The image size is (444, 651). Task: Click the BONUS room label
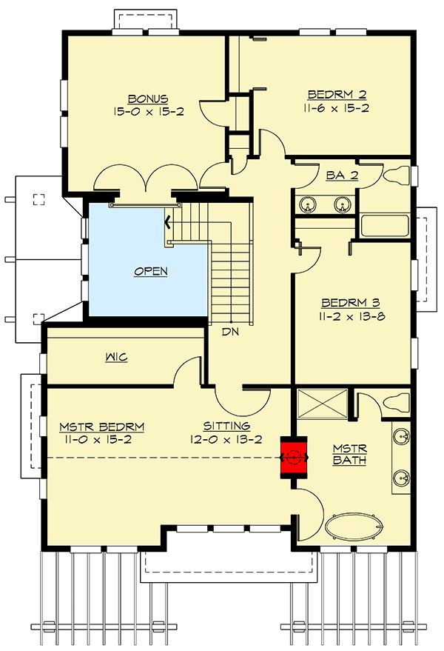148,98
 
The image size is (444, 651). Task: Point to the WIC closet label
116,358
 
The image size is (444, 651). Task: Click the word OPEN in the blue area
150,271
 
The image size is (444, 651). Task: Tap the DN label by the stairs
229,333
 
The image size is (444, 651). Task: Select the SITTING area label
227,426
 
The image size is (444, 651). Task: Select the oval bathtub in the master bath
355,528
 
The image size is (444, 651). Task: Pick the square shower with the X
322,405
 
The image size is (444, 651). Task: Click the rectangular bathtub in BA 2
385,225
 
